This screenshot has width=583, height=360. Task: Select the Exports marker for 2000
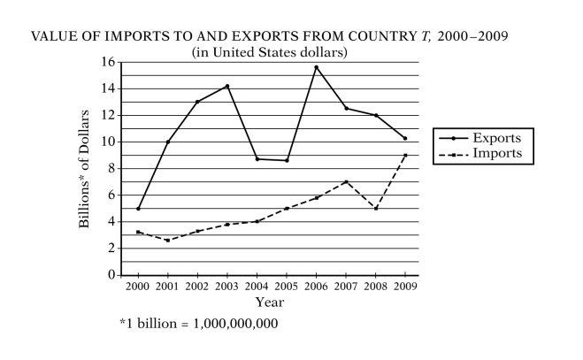tap(138, 209)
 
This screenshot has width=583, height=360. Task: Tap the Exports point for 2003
tap(227, 86)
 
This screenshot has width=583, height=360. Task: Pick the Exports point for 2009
tap(405, 138)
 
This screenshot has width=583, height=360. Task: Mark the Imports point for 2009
tap(405, 156)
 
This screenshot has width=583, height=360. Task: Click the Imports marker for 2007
tap(346, 181)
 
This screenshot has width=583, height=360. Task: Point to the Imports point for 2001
tap(168, 241)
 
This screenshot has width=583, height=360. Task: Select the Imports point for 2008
tap(376, 209)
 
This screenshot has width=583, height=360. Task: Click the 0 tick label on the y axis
tap(111, 275)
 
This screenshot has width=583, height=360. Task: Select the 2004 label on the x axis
tap(257, 287)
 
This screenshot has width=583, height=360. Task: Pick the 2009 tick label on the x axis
tap(405, 287)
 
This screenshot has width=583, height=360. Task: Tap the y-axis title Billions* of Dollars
tap(85, 168)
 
